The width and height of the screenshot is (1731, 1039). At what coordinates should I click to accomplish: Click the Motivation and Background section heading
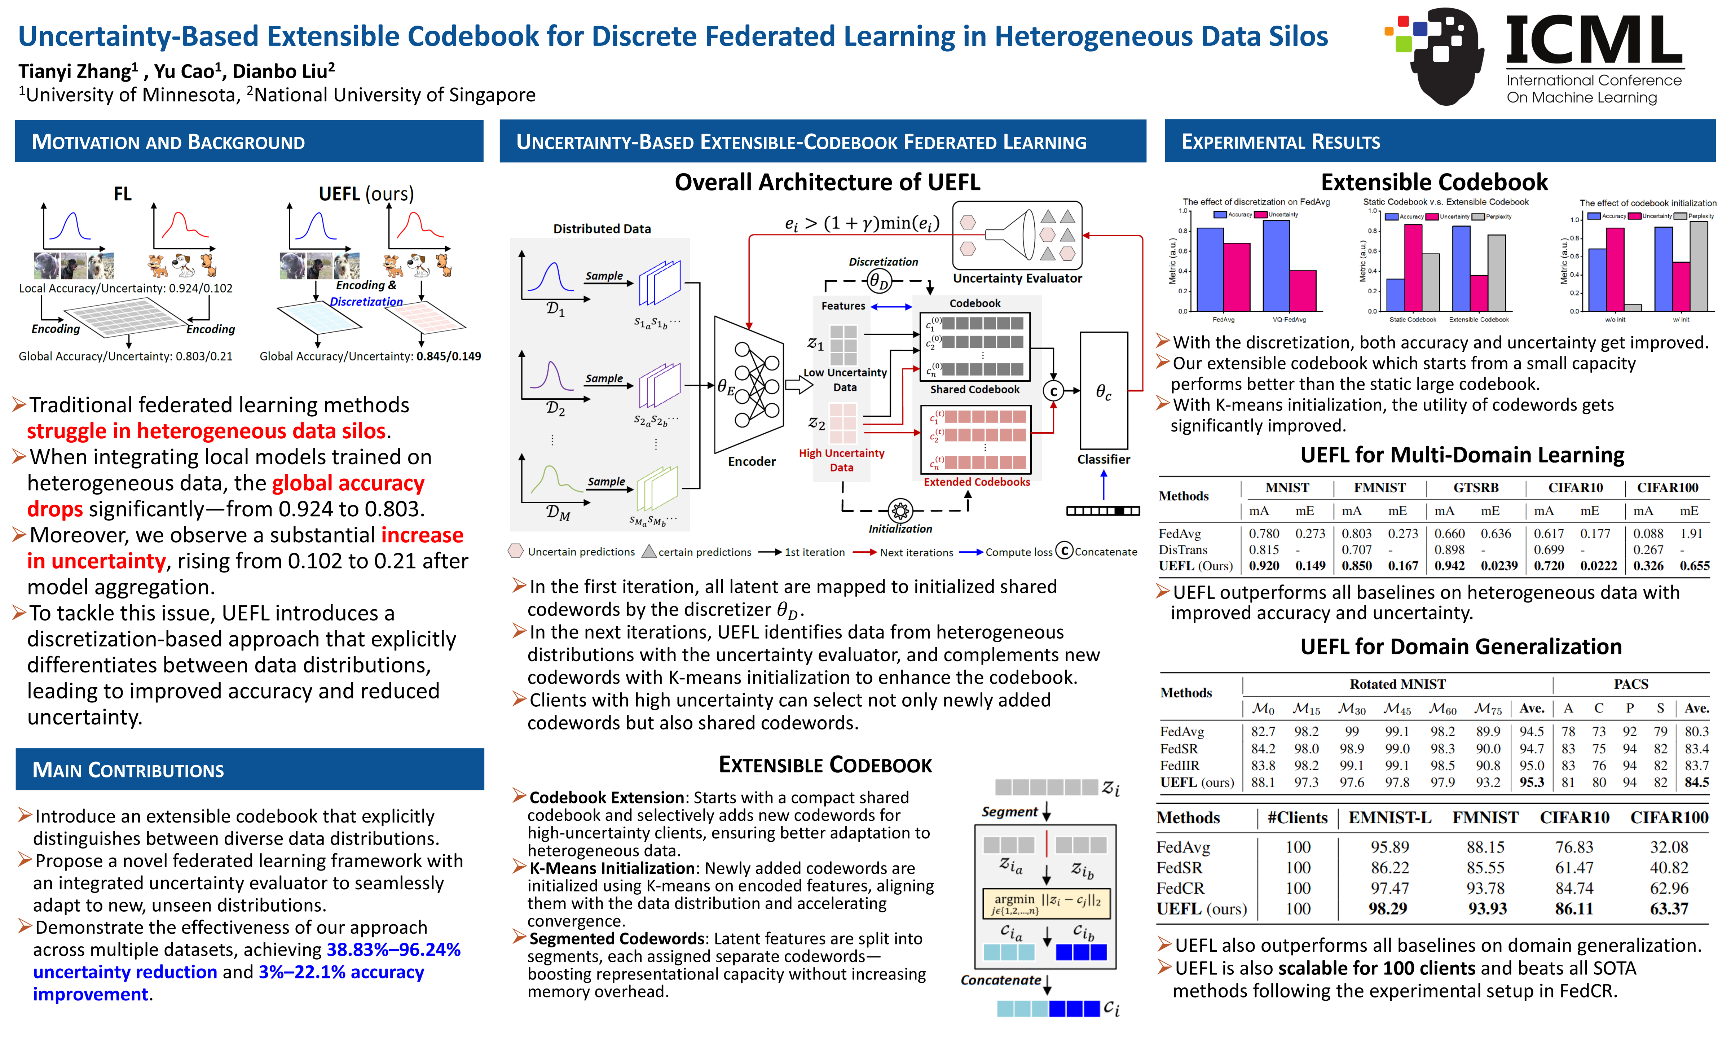pyautogui.click(x=168, y=142)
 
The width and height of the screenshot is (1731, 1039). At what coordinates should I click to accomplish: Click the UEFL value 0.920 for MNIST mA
pyautogui.click(x=1264, y=566)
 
